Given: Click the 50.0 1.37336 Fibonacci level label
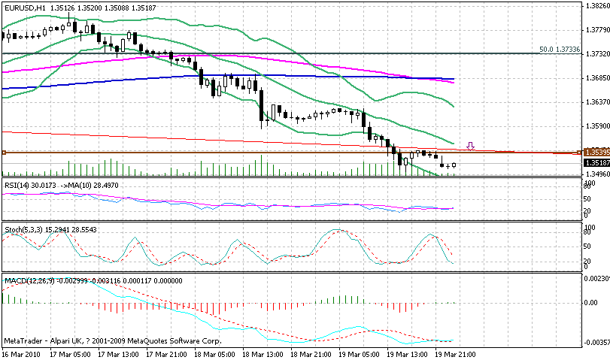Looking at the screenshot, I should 560,50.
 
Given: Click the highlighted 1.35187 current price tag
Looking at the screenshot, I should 596,162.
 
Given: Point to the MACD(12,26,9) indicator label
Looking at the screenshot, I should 29,280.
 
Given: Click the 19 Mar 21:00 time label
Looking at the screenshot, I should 454,352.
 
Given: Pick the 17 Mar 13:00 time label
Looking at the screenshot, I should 116,352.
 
